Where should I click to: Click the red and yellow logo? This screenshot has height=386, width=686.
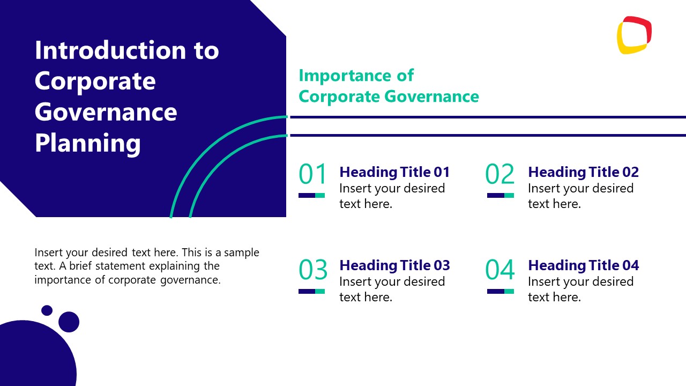[634, 35]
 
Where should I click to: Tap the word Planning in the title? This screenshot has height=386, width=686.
[88, 143]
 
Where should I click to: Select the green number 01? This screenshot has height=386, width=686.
[312, 175]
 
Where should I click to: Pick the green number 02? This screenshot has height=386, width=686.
[499, 175]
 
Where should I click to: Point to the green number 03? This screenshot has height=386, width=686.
[312, 270]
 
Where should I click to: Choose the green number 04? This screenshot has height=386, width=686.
[499, 270]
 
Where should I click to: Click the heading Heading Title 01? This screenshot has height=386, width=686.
[394, 172]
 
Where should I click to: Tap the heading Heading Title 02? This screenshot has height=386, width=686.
[583, 172]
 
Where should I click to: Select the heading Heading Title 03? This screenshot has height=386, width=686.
[394, 265]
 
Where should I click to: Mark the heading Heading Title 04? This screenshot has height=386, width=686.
[583, 265]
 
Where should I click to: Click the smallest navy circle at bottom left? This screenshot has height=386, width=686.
[47, 310]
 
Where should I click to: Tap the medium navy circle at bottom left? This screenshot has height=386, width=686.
[69, 322]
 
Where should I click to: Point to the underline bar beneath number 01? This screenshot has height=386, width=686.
[311, 196]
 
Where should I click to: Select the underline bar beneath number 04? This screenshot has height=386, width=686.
[500, 291]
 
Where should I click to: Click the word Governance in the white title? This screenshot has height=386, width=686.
[106, 113]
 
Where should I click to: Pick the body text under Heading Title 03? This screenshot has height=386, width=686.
[392, 289]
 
